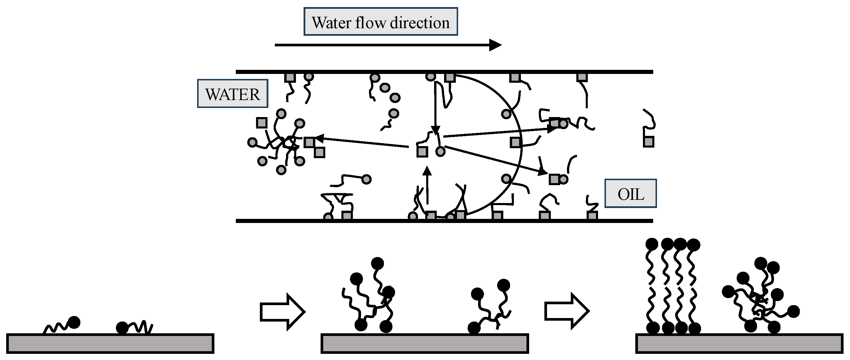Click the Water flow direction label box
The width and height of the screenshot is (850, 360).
pos(380,22)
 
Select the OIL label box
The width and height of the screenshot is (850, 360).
pos(630,194)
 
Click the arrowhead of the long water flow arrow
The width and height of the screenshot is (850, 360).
pos(495,45)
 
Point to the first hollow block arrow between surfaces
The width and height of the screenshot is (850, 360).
pos(282,312)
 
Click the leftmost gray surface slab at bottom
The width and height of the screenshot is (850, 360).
pos(110,344)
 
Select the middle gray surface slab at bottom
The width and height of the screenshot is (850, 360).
pos(425,344)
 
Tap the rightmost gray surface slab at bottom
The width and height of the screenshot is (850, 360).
pos(739,344)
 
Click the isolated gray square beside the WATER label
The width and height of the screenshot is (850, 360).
pos(262,123)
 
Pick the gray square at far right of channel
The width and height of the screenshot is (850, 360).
pos(648,142)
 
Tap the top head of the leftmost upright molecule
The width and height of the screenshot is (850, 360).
pos(652,244)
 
